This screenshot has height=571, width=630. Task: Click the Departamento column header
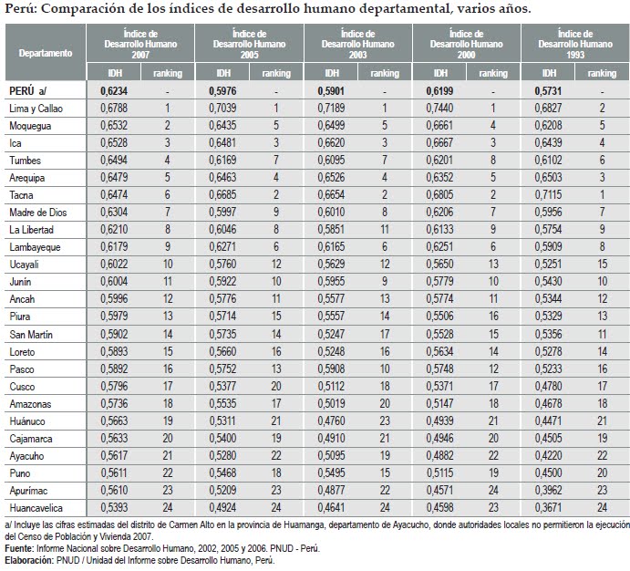coord(45,53)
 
